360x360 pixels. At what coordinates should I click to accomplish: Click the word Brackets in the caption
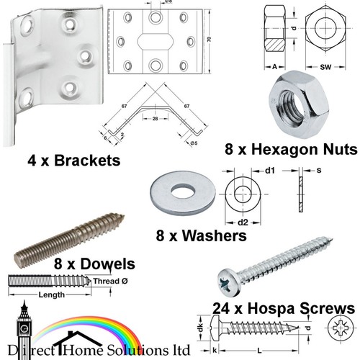(x=87, y=161)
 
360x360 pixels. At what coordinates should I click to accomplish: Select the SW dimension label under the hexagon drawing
(x=325, y=67)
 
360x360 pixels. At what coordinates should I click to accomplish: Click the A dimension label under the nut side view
(x=274, y=66)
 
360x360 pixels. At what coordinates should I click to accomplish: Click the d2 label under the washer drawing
(x=243, y=222)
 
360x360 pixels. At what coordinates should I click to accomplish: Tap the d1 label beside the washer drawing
(x=270, y=171)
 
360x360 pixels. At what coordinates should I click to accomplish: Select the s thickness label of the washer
(x=319, y=171)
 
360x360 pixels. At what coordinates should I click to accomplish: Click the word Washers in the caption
(x=215, y=235)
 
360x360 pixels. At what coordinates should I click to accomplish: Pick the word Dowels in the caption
(x=107, y=264)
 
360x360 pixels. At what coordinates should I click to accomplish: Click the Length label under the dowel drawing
(x=52, y=294)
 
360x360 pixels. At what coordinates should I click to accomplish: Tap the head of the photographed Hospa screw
(x=229, y=283)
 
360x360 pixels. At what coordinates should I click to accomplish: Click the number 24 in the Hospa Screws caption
(x=221, y=308)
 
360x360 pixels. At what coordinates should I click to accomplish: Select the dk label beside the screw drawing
(x=201, y=328)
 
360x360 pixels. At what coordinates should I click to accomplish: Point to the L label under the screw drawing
(x=259, y=351)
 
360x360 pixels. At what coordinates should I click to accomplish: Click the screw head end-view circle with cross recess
(x=341, y=328)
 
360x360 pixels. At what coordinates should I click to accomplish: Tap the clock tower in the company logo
(x=24, y=329)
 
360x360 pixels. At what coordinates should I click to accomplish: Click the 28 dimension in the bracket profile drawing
(x=155, y=119)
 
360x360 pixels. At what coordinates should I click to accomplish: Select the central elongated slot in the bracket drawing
(x=156, y=42)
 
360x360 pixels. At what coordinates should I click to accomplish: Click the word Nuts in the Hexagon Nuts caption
(x=340, y=149)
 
